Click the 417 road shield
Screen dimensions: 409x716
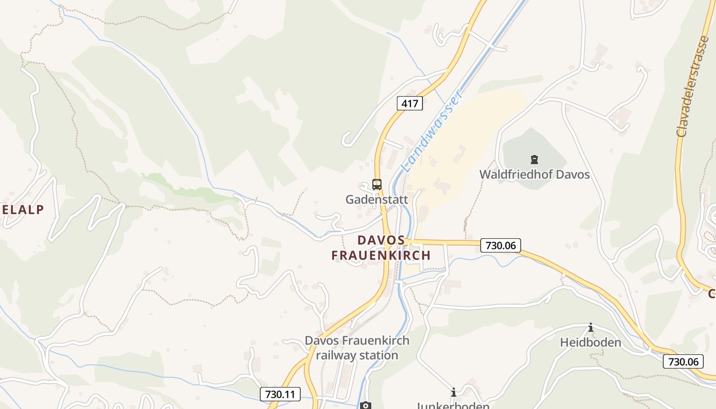pos(410,104)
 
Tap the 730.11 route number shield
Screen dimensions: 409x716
pos(280,394)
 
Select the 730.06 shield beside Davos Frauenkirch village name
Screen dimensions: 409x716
pos(500,245)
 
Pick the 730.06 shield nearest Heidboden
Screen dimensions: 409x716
pos(683,361)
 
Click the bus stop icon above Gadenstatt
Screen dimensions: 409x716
pos(377,185)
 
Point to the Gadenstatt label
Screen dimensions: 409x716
pos(377,199)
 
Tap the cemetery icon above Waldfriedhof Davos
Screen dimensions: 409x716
pos(534,160)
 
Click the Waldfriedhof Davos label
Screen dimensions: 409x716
pos(534,174)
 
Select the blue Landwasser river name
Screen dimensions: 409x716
pos(433,130)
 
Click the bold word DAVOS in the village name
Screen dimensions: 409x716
pos(381,240)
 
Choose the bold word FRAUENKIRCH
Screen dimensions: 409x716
pos(381,255)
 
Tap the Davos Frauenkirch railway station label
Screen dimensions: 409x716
pos(357,348)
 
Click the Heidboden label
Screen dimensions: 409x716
pos(591,342)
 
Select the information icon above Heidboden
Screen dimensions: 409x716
pos(591,327)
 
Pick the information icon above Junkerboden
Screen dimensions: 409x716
pos(453,392)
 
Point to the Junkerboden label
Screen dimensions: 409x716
pos(453,405)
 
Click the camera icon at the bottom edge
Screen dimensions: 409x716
pos(365,405)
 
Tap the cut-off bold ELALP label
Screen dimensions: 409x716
pos(23,209)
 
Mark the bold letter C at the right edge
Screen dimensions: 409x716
pos(711,294)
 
